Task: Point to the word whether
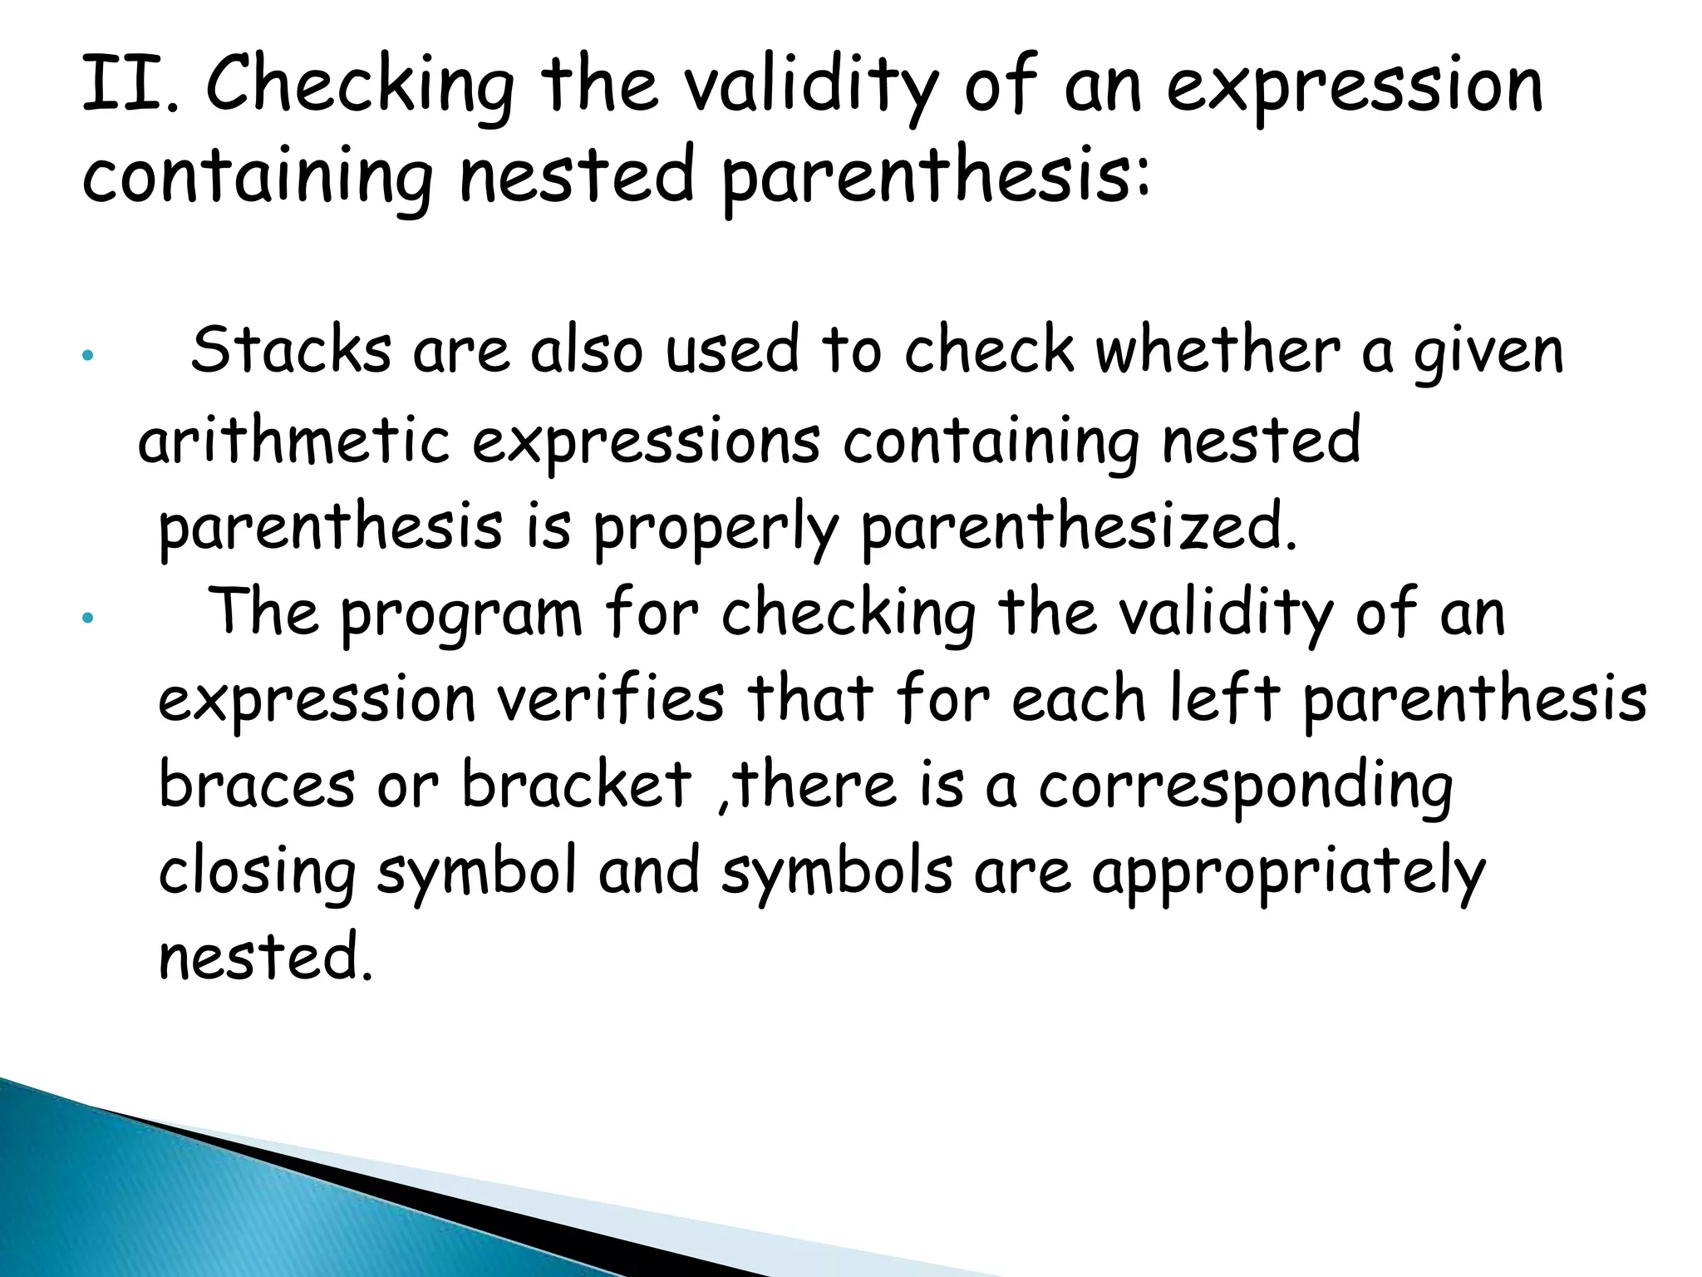1217,350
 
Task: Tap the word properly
715,531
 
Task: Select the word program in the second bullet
461,616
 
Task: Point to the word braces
256,785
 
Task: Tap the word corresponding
1245,789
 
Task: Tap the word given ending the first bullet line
1488,354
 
